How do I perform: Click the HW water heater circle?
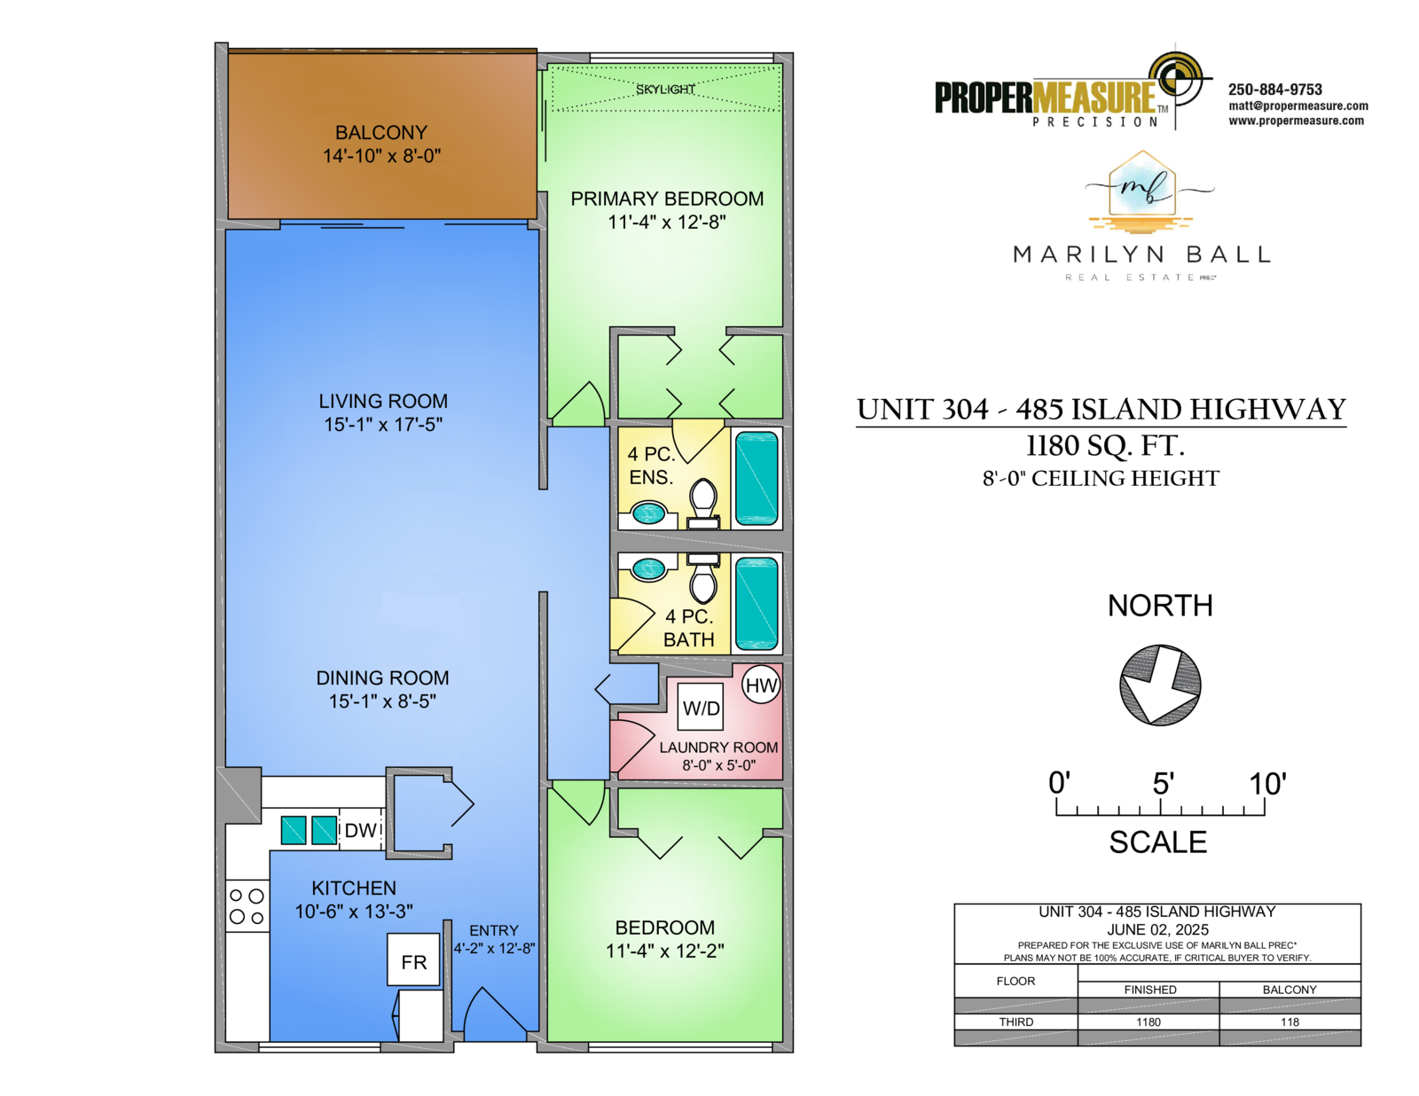point(762,684)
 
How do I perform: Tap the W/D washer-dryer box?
point(701,707)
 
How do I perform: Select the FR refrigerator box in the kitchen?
point(413,959)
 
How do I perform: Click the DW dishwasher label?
point(360,830)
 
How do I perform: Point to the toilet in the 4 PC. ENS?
point(703,504)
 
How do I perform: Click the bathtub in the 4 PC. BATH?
point(757,602)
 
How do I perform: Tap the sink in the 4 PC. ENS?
point(648,513)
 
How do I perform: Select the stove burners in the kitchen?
point(247,906)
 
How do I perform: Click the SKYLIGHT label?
point(665,90)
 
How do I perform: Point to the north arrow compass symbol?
point(1160,685)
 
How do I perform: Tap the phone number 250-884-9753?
point(1274,90)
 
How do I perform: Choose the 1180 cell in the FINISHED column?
point(1148,1022)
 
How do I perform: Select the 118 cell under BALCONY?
point(1290,1022)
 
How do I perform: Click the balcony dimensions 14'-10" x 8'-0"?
point(382,156)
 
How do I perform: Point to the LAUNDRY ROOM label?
point(718,748)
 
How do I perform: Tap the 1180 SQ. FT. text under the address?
point(1105,447)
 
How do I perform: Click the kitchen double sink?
point(309,830)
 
